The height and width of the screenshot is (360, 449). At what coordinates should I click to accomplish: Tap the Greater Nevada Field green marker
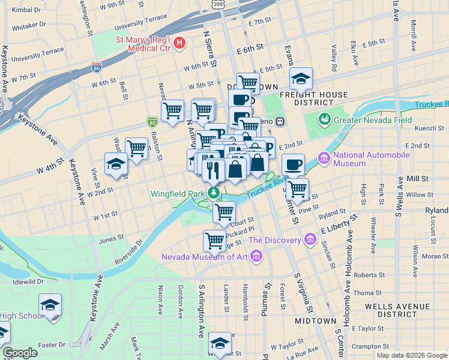pyautogui.click(x=325, y=119)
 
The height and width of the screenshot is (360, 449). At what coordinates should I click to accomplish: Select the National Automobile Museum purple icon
pyautogui.click(x=325, y=159)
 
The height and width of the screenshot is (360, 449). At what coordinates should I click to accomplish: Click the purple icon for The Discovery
pyautogui.click(x=310, y=240)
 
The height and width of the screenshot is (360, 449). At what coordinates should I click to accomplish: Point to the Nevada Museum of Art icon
pyautogui.click(x=256, y=257)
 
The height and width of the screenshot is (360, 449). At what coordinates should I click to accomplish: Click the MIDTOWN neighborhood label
pyautogui.click(x=315, y=321)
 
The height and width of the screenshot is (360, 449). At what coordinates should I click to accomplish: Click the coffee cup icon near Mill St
pyautogui.click(x=293, y=164)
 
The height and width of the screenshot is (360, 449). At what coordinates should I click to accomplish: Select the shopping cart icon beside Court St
pyautogui.click(x=224, y=212)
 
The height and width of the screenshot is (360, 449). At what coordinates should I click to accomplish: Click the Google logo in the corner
pyautogui.click(x=20, y=353)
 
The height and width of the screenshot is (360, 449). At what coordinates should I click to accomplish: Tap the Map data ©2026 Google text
pyautogui.click(x=411, y=355)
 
